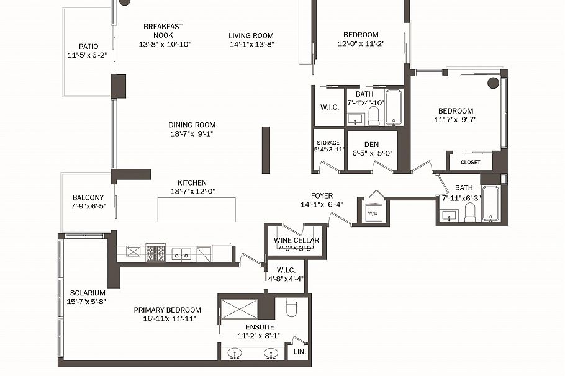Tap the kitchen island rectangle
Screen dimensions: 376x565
point(197,209)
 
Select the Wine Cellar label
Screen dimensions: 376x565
point(296,240)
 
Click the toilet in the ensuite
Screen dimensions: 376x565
point(292,307)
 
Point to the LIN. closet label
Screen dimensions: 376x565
point(298,352)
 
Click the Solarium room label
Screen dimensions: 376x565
point(87,293)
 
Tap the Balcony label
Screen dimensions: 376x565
point(88,198)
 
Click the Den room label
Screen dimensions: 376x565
point(371,145)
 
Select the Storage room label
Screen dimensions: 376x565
point(328,143)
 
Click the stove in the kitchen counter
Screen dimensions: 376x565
point(155,253)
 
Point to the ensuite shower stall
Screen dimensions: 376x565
point(239,308)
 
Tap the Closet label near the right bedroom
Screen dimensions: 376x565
point(470,163)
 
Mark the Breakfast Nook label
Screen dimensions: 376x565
point(163,30)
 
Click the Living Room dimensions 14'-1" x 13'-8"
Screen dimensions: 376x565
point(251,44)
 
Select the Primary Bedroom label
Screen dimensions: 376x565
point(168,310)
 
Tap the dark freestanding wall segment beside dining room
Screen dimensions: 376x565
point(266,150)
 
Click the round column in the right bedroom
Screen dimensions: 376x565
point(494,83)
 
